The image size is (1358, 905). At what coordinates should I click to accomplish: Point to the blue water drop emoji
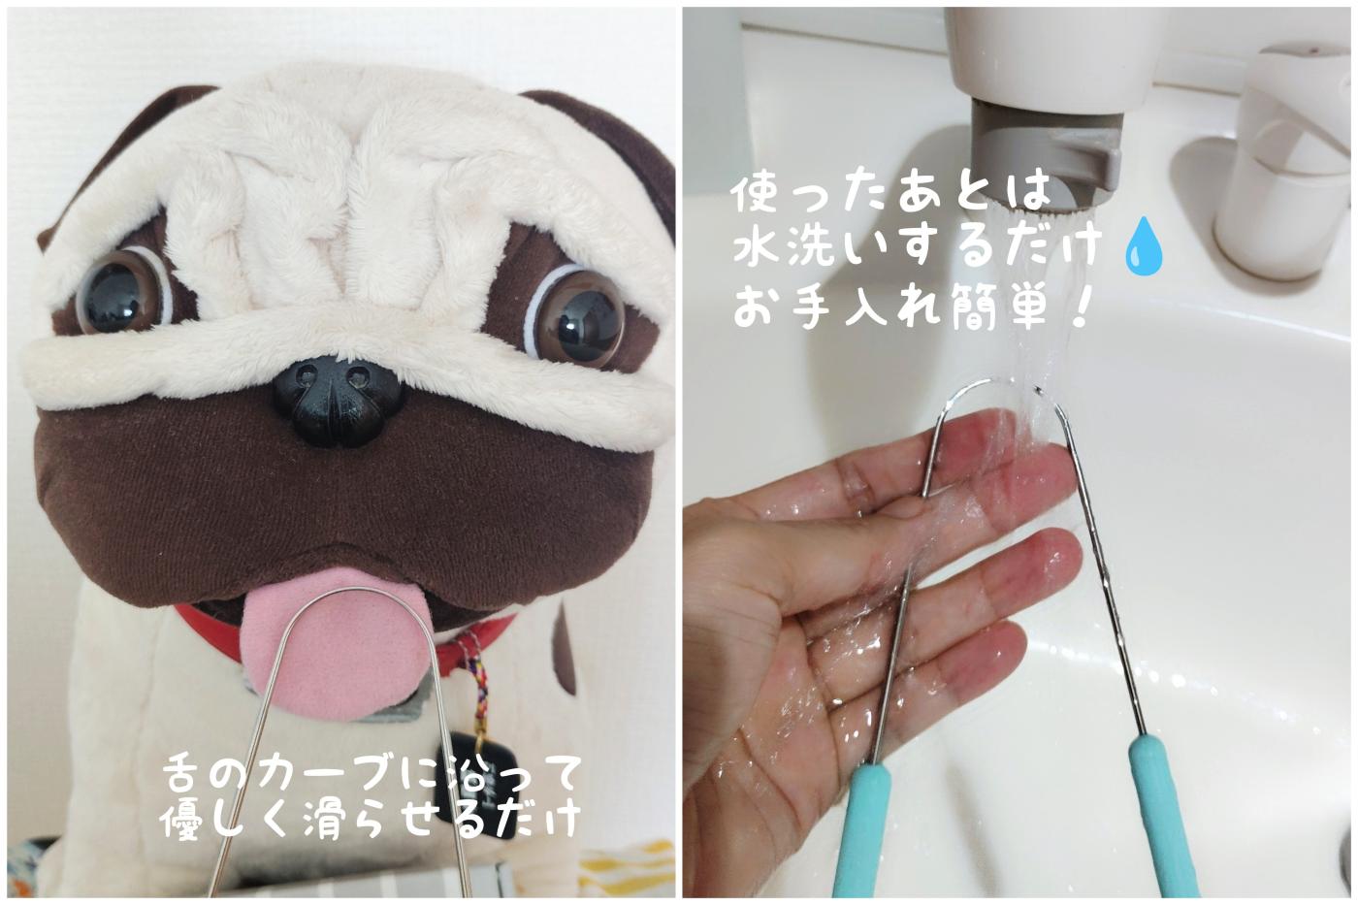[x=1143, y=246]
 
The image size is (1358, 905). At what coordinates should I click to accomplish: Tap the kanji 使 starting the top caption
[x=756, y=194]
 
